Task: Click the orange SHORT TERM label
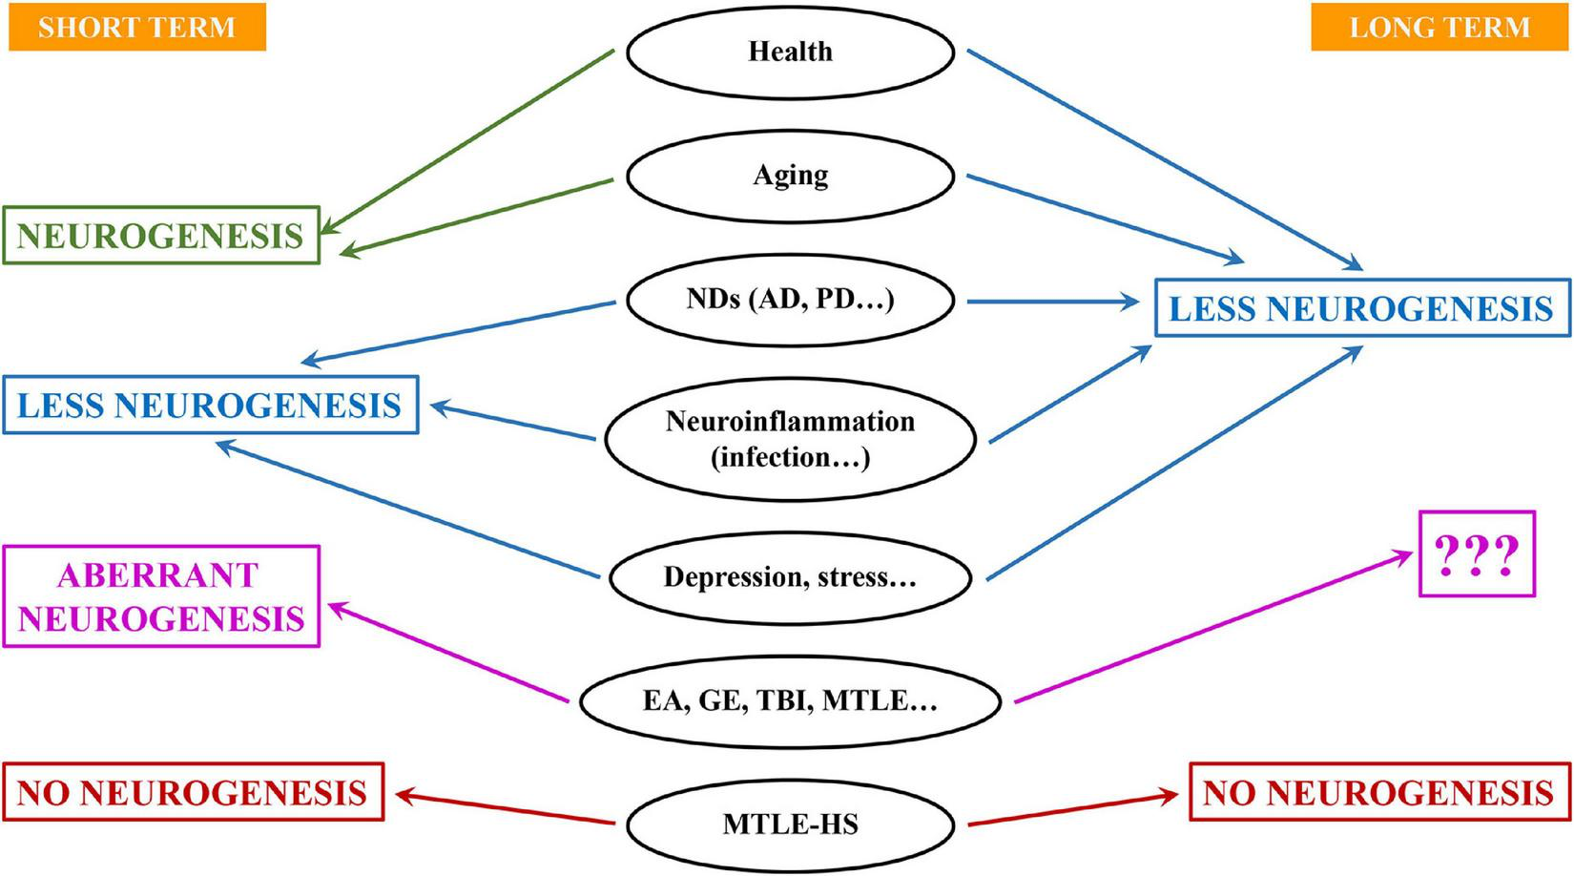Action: click(x=136, y=27)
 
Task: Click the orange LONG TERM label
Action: click(x=1439, y=27)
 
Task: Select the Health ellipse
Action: click(x=790, y=52)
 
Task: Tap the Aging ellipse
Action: click(x=790, y=176)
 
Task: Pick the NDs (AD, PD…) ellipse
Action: click(x=790, y=300)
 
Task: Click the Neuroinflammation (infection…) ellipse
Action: click(x=790, y=439)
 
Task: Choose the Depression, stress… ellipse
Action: click(x=790, y=577)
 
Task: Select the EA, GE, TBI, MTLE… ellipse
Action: click(x=790, y=701)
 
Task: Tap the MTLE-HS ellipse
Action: click(x=790, y=823)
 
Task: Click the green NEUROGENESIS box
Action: click(x=160, y=236)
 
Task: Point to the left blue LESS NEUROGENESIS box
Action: click(x=210, y=406)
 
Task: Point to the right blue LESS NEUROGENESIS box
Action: click(x=1361, y=308)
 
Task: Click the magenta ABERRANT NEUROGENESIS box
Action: click(x=160, y=596)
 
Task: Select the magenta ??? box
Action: click(x=1477, y=554)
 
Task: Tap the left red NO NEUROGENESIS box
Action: click(x=193, y=792)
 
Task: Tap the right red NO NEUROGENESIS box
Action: click(x=1378, y=792)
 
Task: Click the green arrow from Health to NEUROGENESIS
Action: click(x=467, y=141)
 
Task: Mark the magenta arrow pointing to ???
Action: click(x=1212, y=628)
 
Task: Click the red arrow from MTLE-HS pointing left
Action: click(x=506, y=807)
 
